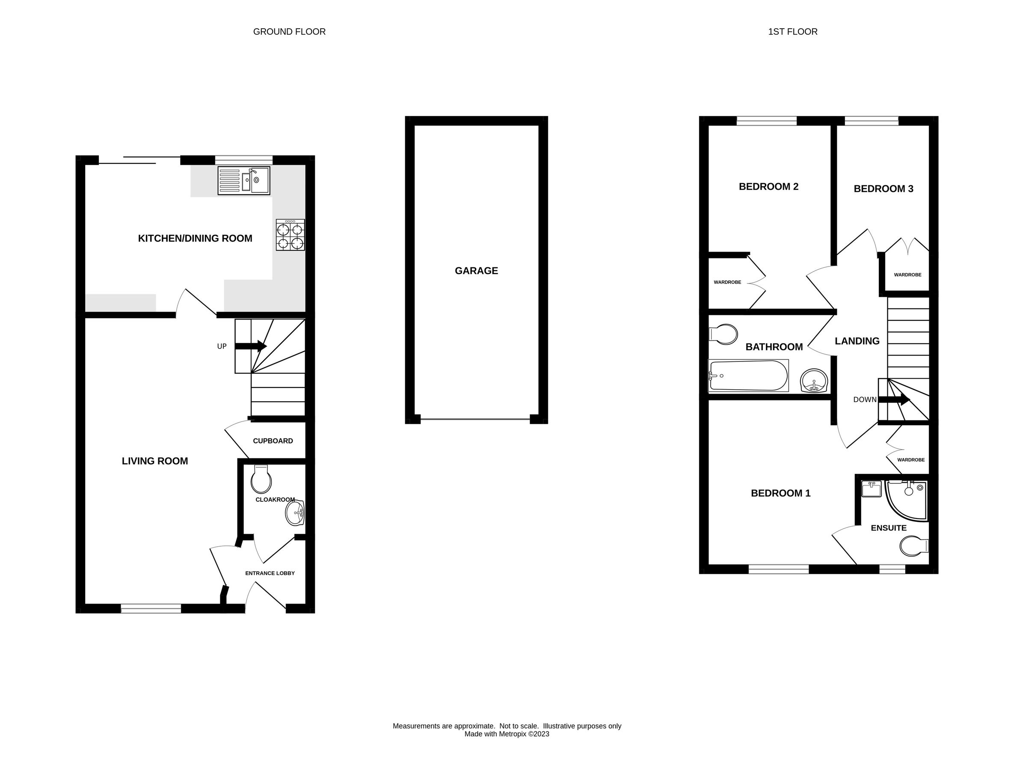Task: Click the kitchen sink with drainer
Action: click(x=244, y=181)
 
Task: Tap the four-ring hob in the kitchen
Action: click(x=290, y=235)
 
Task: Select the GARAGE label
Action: click(x=476, y=271)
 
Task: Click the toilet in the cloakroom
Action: click(x=261, y=480)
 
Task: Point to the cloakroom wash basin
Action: click(x=295, y=512)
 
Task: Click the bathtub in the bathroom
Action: click(x=748, y=376)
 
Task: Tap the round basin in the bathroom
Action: click(x=814, y=381)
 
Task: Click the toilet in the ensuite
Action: click(x=913, y=546)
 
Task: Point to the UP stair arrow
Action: click(x=251, y=346)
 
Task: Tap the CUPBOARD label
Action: click(x=273, y=441)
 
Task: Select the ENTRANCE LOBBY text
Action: click(x=270, y=573)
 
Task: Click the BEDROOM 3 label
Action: click(x=884, y=189)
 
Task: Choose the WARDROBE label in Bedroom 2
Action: click(x=727, y=282)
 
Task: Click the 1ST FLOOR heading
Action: click(x=792, y=32)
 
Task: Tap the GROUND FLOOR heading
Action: click(x=289, y=32)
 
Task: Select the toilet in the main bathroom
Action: click(x=723, y=334)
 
